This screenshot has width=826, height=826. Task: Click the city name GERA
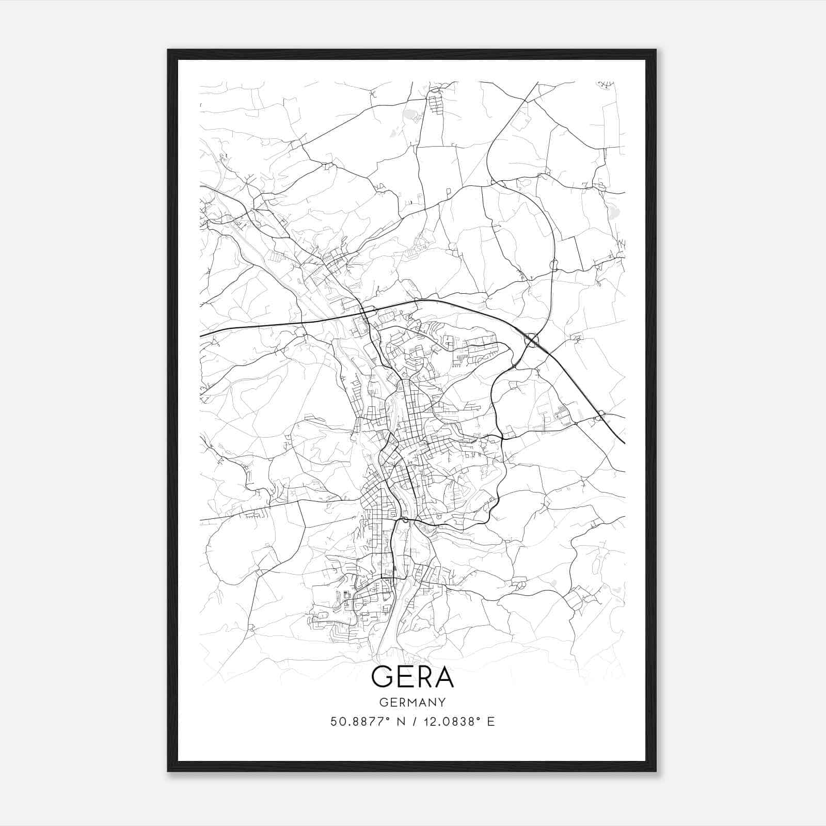click(412, 677)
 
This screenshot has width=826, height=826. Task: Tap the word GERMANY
click(412, 702)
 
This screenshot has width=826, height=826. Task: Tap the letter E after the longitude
click(491, 722)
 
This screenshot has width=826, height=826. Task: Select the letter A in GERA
click(443, 677)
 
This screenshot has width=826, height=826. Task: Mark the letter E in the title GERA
click(404, 677)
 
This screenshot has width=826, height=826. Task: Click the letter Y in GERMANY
click(442, 702)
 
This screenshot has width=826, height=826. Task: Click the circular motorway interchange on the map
click(531, 340)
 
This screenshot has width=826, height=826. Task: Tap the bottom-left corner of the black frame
click(168, 771)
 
